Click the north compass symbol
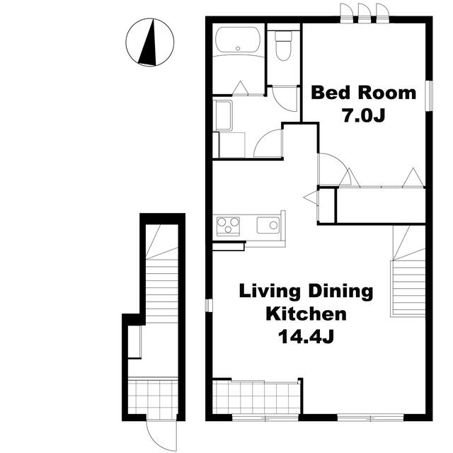point(150,42)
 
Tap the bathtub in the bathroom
point(238,40)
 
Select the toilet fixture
point(283,45)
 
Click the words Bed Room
point(363,93)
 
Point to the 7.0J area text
point(364,115)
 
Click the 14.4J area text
point(306,337)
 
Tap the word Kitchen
point(306,314)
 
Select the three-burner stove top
point(228,226)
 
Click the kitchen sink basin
point(268,225)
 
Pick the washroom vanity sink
point(223,115)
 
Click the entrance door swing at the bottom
point(161,436)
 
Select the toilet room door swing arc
point(285,99)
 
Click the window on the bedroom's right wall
point(429,96)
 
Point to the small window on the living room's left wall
point(209,305)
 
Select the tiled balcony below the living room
point(257,397)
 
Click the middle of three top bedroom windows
point(365,13)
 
